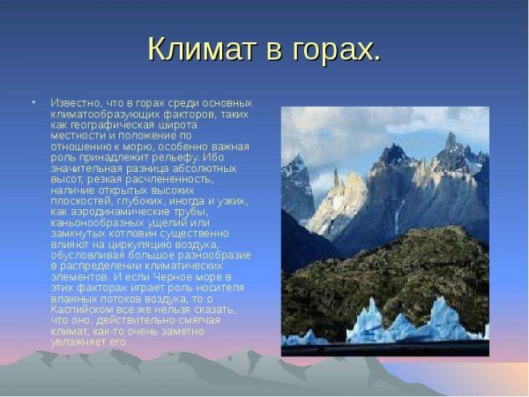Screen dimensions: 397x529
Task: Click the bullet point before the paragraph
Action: [x=35, y=102]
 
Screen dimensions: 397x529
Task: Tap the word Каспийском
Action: [x=85, y=310]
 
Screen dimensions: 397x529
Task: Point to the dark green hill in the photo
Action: [x=388, y=273]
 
